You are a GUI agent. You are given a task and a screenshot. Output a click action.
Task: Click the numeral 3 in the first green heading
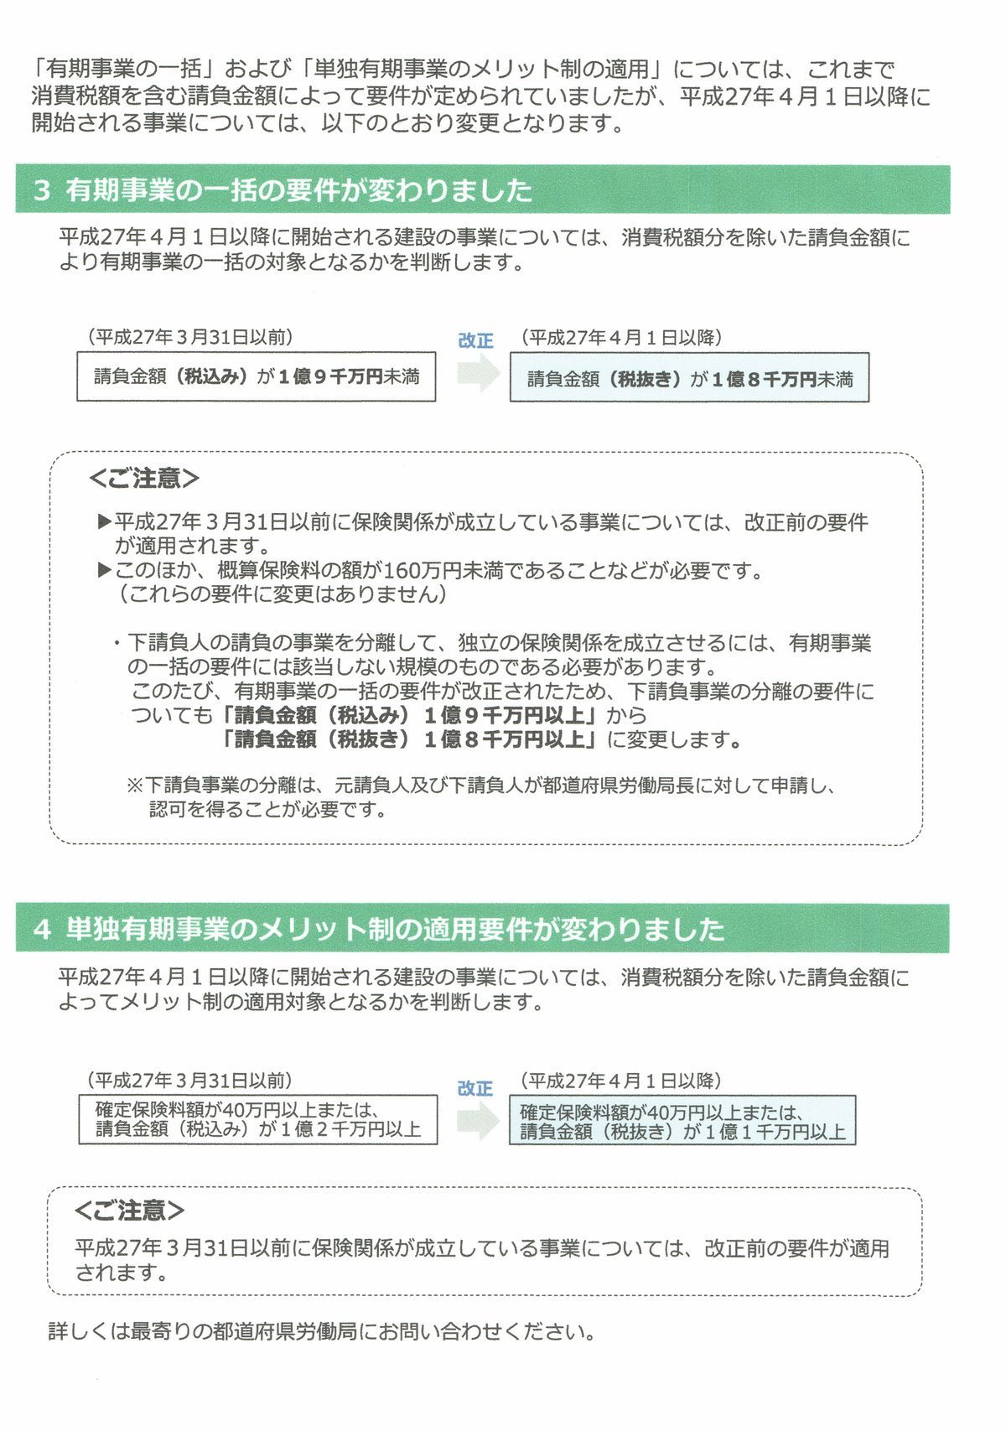[x=42, y=190]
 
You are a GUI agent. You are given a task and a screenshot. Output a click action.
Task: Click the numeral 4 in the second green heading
[x=42, y=930]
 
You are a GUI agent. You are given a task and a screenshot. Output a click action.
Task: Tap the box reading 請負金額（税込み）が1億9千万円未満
[x=256, y=377]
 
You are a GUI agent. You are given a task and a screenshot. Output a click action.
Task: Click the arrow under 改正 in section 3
[x=478, y=372]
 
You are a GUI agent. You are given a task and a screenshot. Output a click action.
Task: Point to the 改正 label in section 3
[x=475, y=340]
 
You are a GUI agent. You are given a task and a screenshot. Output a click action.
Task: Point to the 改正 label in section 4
[x=475, y=1088]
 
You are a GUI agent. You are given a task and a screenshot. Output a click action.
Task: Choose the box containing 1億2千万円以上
[x=258, y=1119]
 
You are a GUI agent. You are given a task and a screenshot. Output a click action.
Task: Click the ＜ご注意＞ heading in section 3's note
[x=144, y=479]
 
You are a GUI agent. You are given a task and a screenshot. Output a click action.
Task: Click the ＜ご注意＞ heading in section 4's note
[x=129, y=1211]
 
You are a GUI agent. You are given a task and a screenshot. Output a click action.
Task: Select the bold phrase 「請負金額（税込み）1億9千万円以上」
[x=411, y=715]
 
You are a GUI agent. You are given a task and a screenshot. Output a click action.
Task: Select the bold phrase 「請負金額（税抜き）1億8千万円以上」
[x=411, y=739]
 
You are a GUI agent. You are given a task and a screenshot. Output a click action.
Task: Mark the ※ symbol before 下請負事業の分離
[x=135, y=785]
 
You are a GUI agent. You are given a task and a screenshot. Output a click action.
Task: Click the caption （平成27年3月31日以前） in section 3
[x=190, y=337]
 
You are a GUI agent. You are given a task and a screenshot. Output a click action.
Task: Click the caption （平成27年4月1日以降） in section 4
[x=620, y=1081]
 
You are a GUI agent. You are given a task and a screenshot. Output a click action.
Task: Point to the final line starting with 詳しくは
[x=322, y=1331]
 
